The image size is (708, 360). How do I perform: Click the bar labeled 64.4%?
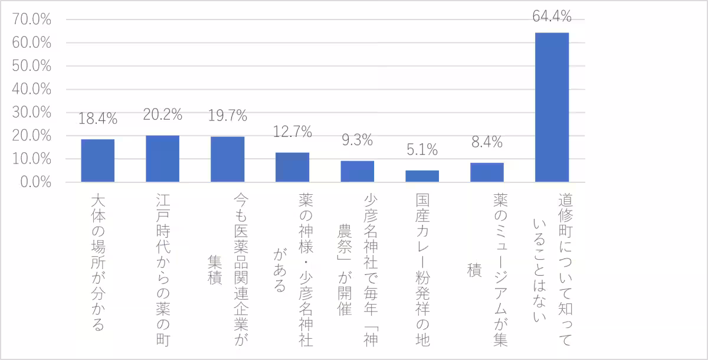(552, 107)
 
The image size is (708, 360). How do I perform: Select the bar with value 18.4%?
(98, 161)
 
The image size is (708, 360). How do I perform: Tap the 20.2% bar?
(163, 159)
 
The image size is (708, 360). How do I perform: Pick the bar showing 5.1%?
(422, 176)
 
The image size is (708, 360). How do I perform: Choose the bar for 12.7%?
(293, 168)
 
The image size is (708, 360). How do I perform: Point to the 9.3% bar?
(357, 171)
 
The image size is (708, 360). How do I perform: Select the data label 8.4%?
(487, 142)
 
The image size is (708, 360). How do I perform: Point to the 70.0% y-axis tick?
(31, 20)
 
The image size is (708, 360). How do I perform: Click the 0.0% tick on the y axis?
(34, 182)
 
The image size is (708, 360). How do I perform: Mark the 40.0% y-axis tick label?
(31, 90)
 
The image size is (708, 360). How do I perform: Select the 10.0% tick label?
(31, 159)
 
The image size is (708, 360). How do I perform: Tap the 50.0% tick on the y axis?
(31, 67)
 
